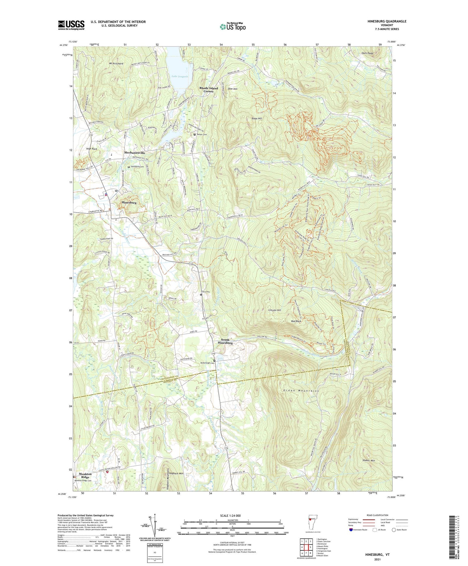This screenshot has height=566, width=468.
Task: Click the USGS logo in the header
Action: pyautogui.click(x=71, y=25)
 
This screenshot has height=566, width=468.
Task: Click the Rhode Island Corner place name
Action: pyautogui.click(x=209, y=90)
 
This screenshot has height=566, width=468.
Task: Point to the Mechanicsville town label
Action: pyautogui.click(x=135, y=153)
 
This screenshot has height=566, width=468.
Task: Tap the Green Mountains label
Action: pyautogui.click(x=301, y=391)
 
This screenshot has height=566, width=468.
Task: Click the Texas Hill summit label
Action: pyautogui.click(x=257, y=119)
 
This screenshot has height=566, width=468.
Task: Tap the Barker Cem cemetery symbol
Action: pyautogui.click(x=195, y=135)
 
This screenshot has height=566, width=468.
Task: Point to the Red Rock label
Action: pyautogui.click(x=296, y=321)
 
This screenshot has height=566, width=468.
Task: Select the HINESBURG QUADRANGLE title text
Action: pyautogui.click(x=383, y=21)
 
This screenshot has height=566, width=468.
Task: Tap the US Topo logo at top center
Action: pyautogui.click(x=232, y=27)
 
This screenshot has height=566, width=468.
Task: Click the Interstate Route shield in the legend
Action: pyautogui.click(x=351, y=530)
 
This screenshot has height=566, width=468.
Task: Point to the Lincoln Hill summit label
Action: pyautogui.click(x=275, y=310)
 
